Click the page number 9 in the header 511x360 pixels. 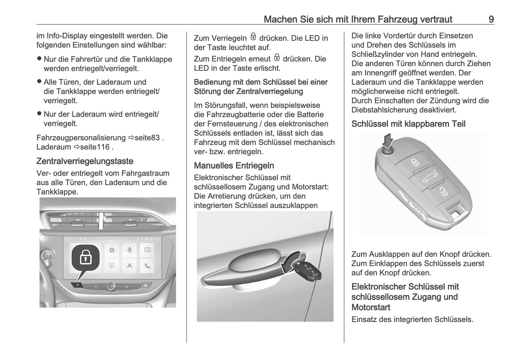click(x=491, y=19)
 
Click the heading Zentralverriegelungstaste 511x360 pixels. click(x=85, y=161)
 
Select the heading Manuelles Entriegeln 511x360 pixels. click(x=234, y=166)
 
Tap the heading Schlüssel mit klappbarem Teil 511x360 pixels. click(x=408, y=124)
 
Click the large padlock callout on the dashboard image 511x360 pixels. click(x=85, y=258)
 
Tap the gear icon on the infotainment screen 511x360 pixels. click(x=112, y=250)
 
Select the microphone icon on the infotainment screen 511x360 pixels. click(x=130, y=250)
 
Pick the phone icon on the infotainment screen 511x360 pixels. click(x=147, y=266)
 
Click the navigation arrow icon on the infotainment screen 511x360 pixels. click(x=130, y=266)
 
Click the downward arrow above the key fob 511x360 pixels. click(x=388, y=140)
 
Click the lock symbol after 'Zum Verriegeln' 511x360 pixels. click(x=253, y=37)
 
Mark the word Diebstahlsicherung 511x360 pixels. click(x=384, y=110)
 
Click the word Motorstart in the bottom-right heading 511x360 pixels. click(x=371, y=307)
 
